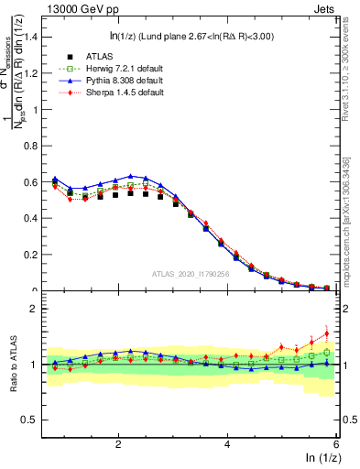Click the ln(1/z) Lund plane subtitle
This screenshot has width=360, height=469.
coord(190,38)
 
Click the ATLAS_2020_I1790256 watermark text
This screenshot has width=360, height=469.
coord(190,273)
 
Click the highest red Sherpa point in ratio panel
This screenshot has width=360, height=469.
coord(327,333)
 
